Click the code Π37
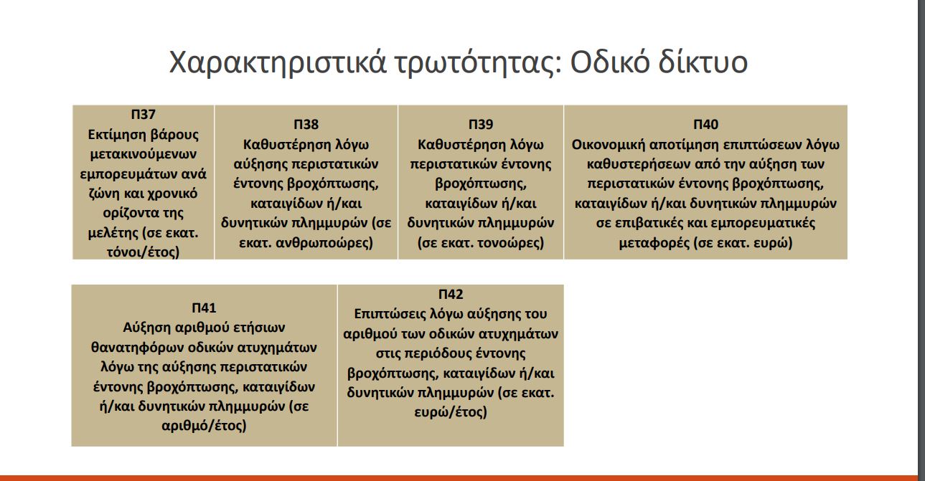click(143, 114)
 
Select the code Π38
click(306, 124)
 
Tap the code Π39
click(481, 124)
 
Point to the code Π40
click(705, 124)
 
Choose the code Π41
click(204, 308)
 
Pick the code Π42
click(451, 294)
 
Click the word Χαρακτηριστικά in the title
click(278, 62)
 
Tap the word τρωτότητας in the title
click(478, 62)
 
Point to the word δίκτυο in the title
click(703, 62)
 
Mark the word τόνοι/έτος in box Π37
click(144, 252)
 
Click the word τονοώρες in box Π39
click(510, 242)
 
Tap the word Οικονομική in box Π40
click(609, 145)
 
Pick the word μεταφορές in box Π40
click(654, 242)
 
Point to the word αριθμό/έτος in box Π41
click(204, 425)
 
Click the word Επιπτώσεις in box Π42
click(390, 315)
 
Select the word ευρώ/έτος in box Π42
click(451, 411)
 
